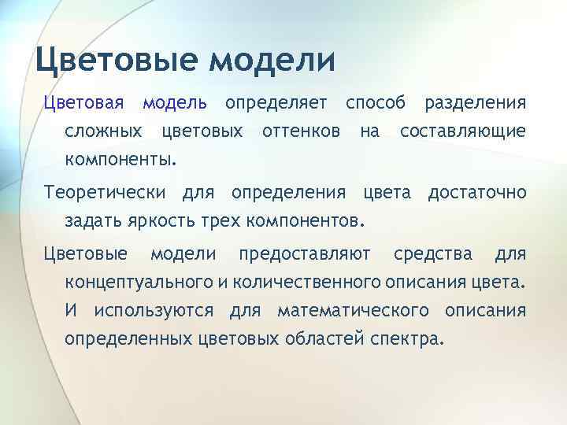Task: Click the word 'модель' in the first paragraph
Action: point(175,103)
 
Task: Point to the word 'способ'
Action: point(376,103)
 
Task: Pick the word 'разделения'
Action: point(475,103)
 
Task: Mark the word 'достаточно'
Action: point(476,192)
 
